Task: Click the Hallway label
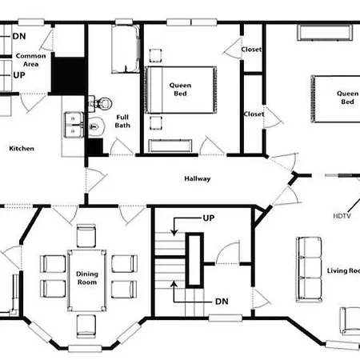point(198,178)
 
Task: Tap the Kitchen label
point(22,149)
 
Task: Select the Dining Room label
point(87,278)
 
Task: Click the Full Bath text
point(122,121)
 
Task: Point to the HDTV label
point(342,216)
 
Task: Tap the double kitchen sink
point(74,125)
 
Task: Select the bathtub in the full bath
point(126,49)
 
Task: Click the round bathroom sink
point(96,126)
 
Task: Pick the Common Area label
point(30,60)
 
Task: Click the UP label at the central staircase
point(209,218)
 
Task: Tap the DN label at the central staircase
point(222,302)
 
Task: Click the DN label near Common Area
point(19,36)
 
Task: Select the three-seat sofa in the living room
point(309,270)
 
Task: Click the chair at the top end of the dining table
point(86,236)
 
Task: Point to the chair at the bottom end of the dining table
point(86,326)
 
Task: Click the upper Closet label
point(251,50)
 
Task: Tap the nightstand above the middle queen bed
point(155,55)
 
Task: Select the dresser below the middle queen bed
point(170,146)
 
